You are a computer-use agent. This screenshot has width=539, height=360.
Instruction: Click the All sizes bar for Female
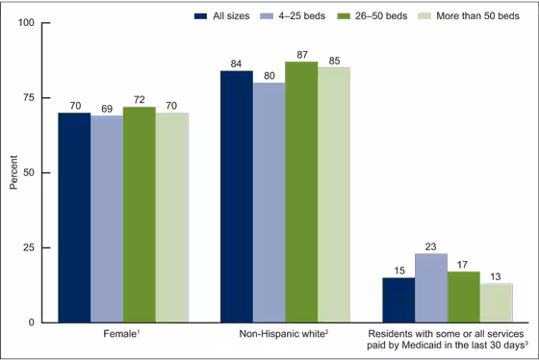tap(74, 218)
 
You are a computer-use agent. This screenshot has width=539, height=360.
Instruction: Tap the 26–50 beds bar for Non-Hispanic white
tap(301, 193)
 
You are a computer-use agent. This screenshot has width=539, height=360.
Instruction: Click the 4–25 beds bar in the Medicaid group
tap(431, 288)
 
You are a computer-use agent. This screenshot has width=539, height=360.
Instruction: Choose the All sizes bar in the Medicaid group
tap(398, 300)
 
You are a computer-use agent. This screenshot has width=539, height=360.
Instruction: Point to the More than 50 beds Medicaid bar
tap(497, 303)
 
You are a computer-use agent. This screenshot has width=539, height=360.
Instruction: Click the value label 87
tap(301, 53)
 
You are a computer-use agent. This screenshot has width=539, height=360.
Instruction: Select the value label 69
tap(107, 106)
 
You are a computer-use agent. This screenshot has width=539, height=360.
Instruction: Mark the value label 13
tap(497, 275)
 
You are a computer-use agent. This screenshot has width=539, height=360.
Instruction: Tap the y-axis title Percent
tap(13, 172)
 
